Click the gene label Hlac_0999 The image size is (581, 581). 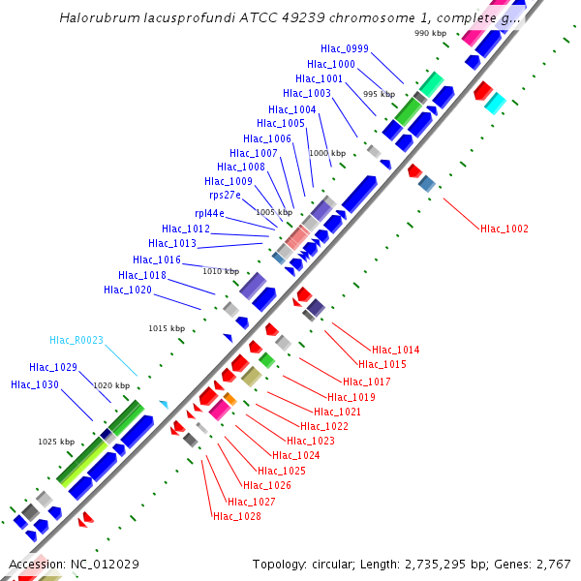click(344, 48)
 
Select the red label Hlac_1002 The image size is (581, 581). click(505, 229)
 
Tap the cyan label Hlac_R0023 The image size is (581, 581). click(76, 340)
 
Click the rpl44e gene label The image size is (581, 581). click(209, 213)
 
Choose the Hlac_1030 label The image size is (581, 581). click(35, 384)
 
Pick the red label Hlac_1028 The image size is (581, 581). click(236, 516)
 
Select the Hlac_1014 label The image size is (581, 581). click(396, 350)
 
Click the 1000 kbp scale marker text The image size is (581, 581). click(326, 153)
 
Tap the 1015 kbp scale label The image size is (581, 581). click(167, 328)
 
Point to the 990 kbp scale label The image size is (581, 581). click(430, 33)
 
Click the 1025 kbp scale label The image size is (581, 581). click(56, 442)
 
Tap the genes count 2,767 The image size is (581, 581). click(553, 564)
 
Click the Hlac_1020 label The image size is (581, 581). click(128, 290)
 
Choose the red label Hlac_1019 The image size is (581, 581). click(352, 397)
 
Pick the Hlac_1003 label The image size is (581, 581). click(307, 93)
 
